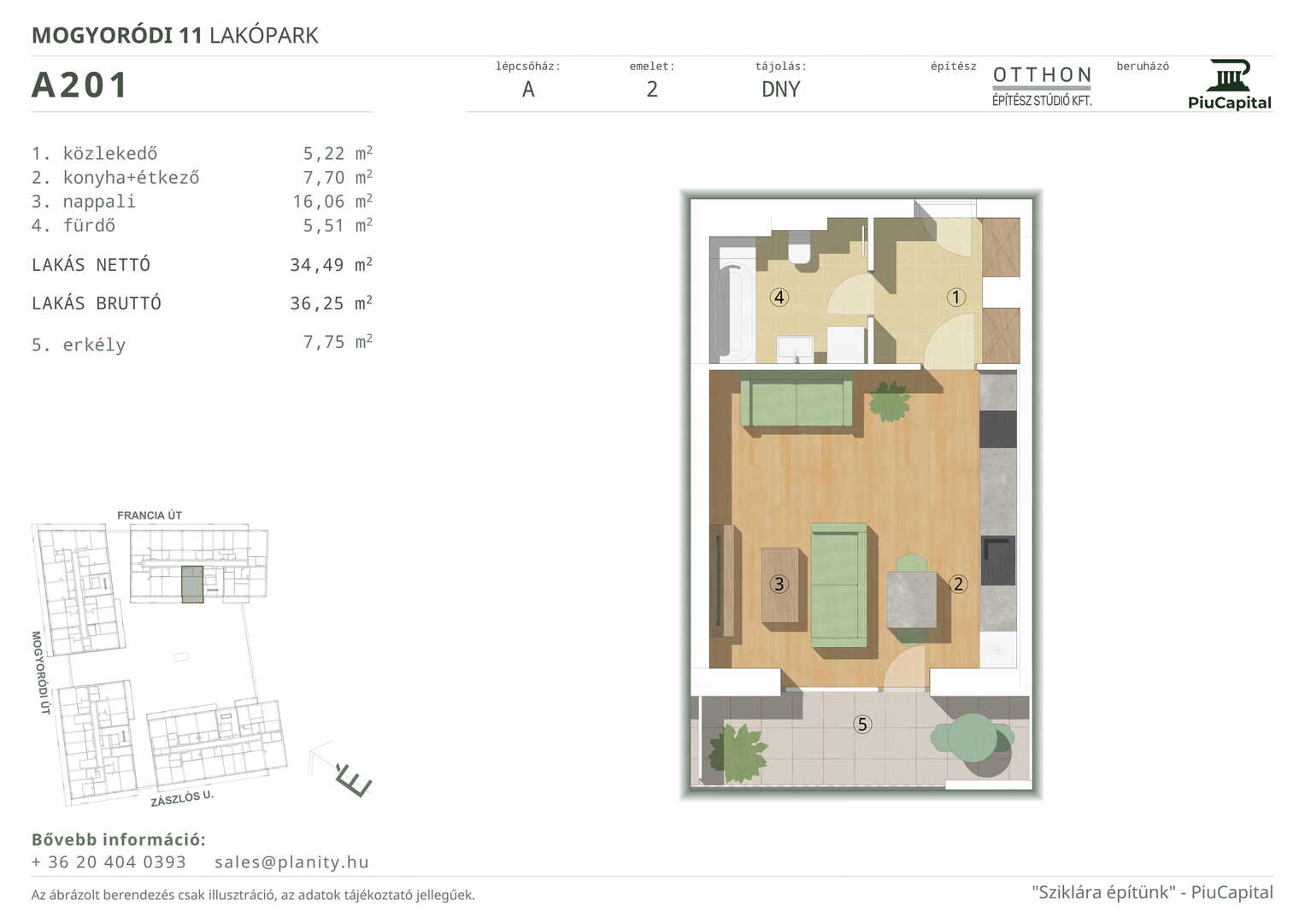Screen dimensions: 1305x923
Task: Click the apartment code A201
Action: point(79,85)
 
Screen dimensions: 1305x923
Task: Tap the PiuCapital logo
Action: point(1229,85)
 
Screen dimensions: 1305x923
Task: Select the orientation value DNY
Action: point(780,89)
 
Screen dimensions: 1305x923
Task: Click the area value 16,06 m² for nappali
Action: point(332,201)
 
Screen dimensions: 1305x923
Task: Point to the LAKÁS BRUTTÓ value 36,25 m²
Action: point(331,303)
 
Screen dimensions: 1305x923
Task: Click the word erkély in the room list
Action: point(94,345)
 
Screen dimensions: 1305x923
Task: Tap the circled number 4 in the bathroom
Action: point(779,297)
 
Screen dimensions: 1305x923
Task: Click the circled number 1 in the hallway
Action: point(955,297)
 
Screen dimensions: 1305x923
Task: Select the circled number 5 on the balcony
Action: point(862,725)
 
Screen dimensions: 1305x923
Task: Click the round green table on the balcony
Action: point(972,738)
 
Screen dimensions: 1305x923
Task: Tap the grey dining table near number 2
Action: point(912,600)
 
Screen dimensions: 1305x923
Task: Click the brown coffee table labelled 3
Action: point(779,585)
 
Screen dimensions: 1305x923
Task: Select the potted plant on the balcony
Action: point(738,754)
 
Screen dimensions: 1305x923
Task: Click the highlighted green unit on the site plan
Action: point(192,584)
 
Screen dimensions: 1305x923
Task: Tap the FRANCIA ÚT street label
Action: point(150,515)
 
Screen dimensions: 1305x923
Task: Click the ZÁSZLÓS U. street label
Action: point(182,797)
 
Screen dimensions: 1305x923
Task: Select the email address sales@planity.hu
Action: point(291,861)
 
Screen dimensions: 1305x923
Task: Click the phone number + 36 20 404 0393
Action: point(109,861)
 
